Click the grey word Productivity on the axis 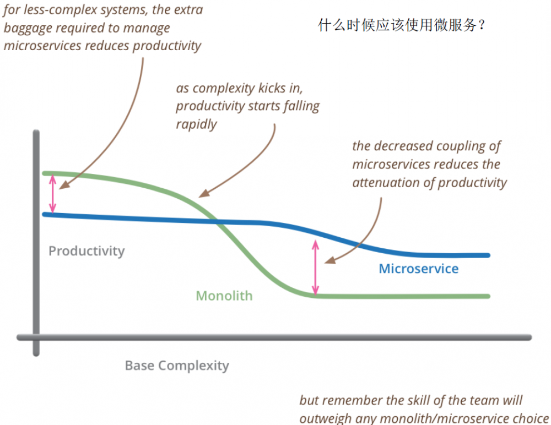click(87, 251)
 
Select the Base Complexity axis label click(176, 365)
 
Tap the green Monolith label click(224, 296)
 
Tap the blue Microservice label click(419, 269)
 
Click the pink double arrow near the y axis click(53, 193)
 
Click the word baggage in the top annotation click(28, 28)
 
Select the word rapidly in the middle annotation click(196, 124)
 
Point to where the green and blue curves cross click(215, 221)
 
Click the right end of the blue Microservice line click(488, 255)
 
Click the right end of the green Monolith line click(488, 296)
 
